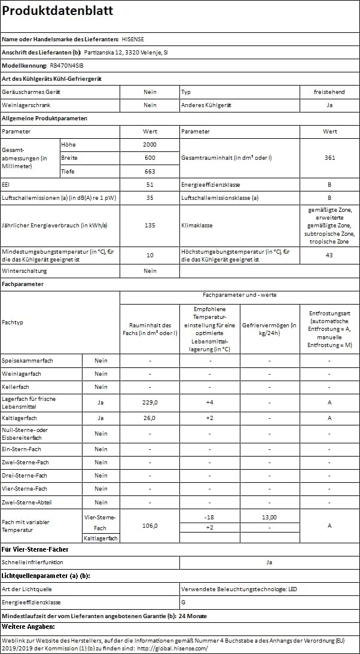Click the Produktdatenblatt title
coord(57,11)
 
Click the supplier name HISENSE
coord(133,39)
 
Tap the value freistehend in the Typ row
coord(329,92)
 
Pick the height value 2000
coord(150,145)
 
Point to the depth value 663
coord(150,171)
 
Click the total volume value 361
coord(329,158)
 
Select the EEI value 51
coord(150,184)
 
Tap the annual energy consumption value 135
coord(150,226)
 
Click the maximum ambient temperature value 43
coord(329,255)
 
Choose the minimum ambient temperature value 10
coord(150,255)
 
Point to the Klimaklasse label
coord(197,226)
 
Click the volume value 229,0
coord(150,403)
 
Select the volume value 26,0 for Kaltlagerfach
coord(150,418)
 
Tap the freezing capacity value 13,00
coord(269,518)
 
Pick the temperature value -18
coord(209,518)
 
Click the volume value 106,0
coord(150,526)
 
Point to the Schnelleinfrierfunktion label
coord(32,562)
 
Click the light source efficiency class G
coord(184,603)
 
